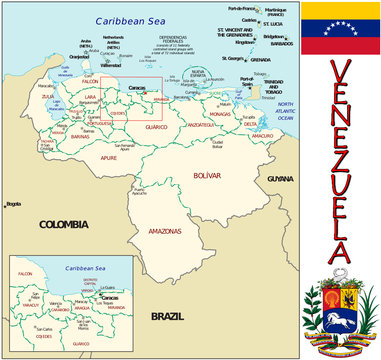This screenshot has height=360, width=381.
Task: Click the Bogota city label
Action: click(x=13, y=204)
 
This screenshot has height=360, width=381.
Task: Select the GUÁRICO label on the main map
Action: click(x=157, y=127)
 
